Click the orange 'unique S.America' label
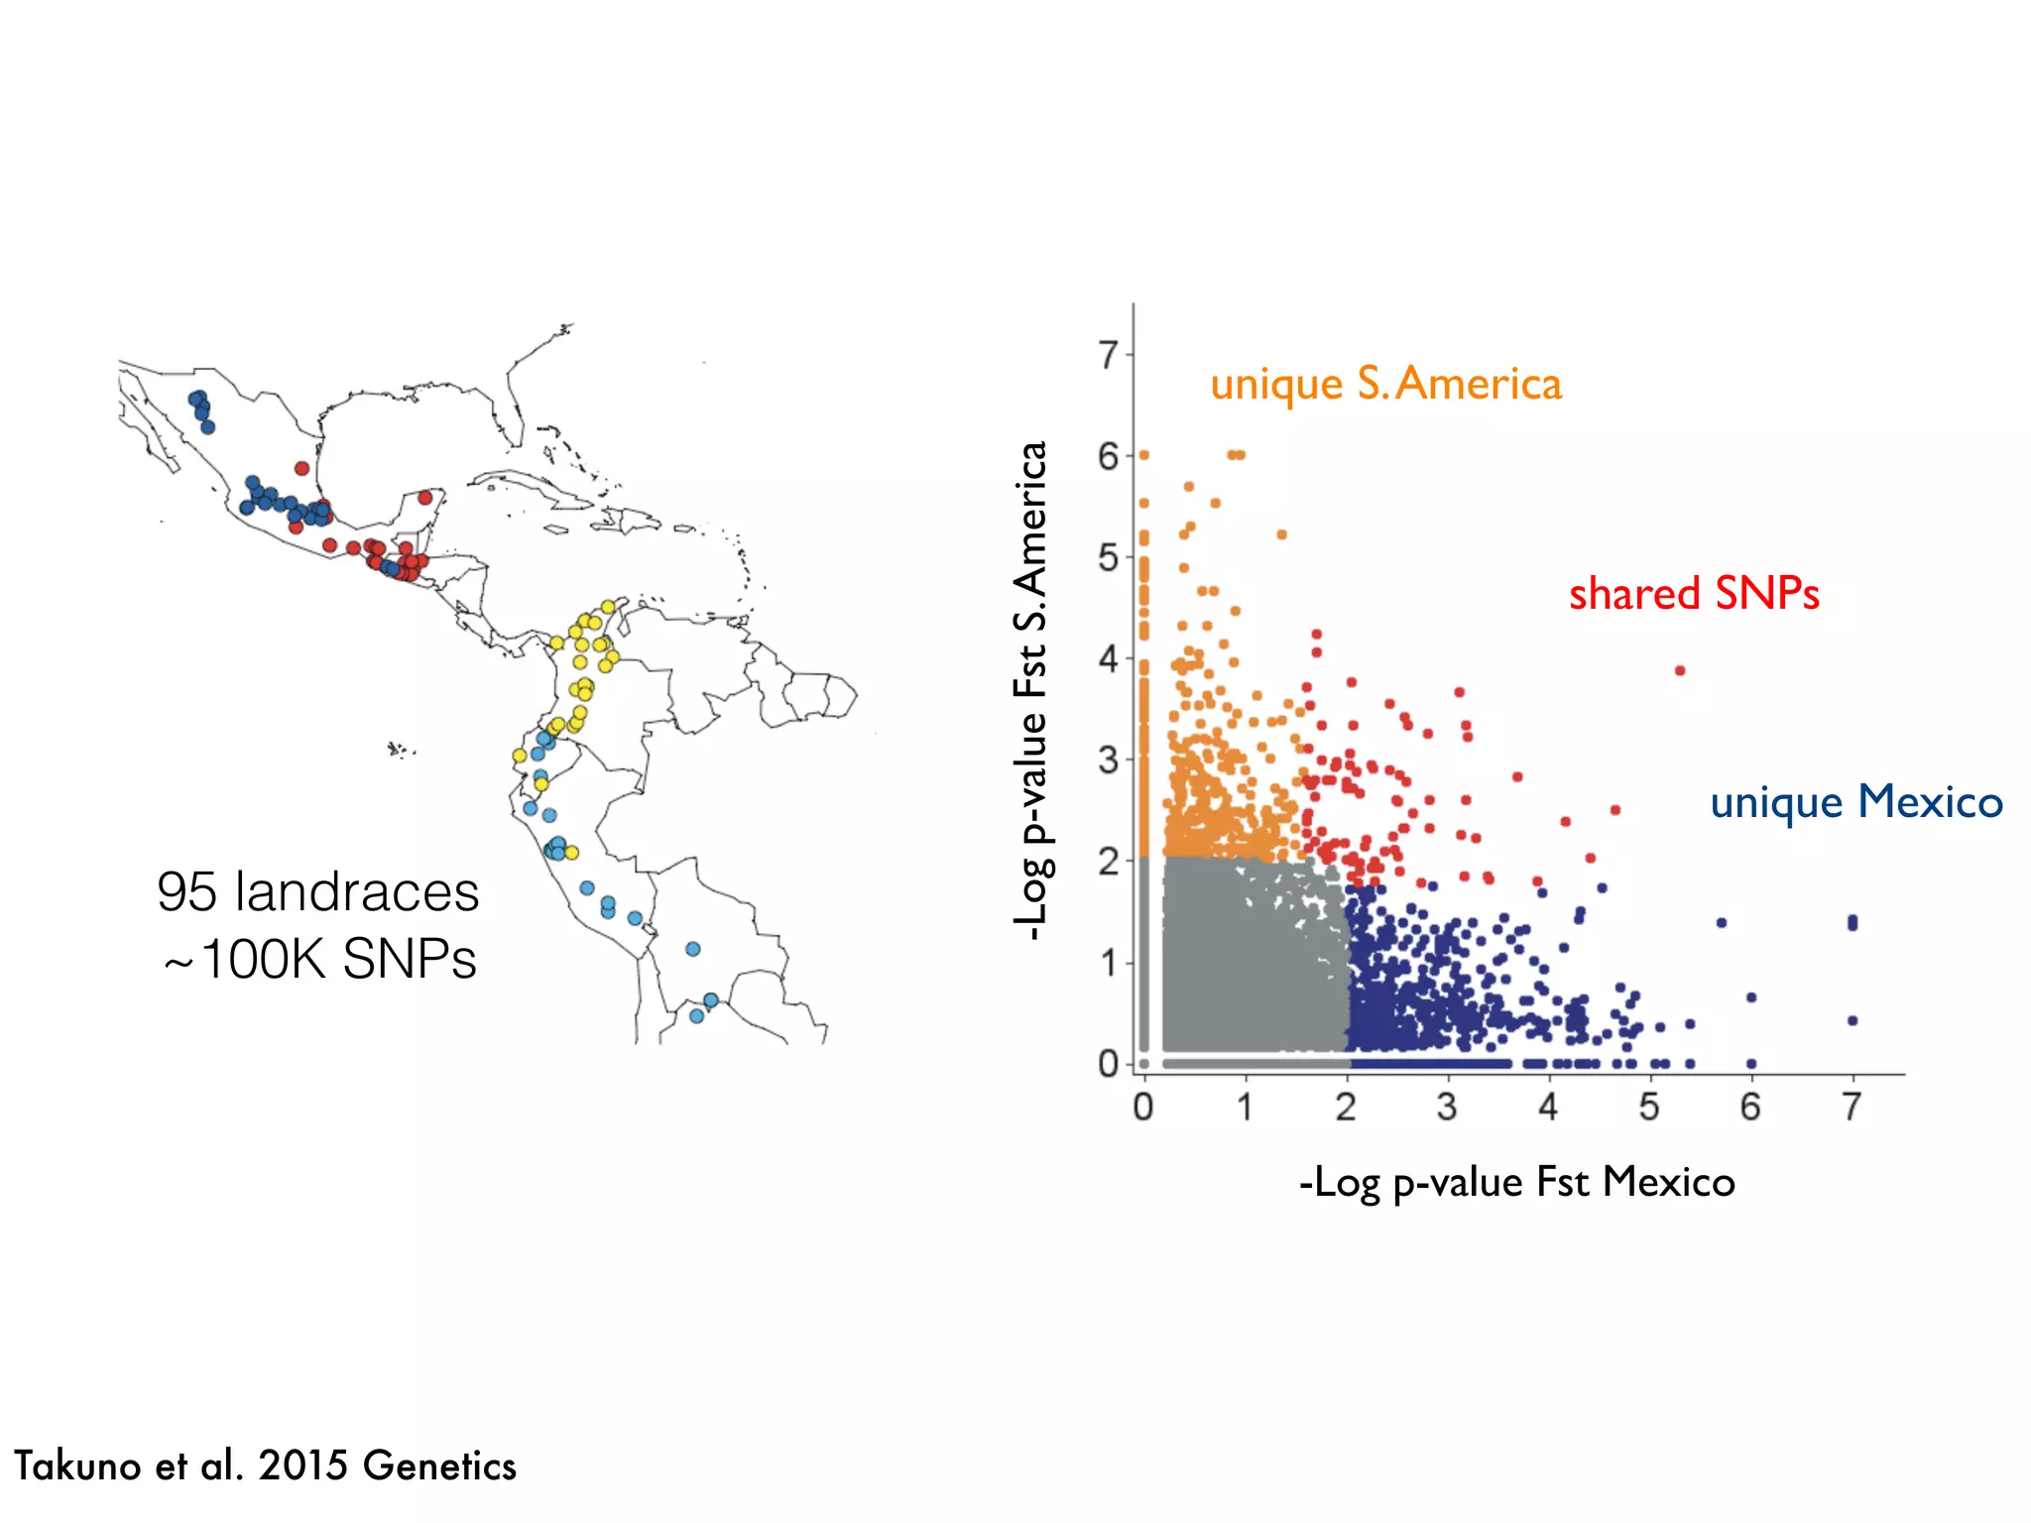coord(1385,385)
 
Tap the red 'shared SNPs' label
coord(1694,594)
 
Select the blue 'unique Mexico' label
coord(1856,802)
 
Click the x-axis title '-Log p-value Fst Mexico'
coord(1516,1183)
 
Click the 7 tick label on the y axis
coord(1108,355)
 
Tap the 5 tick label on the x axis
coord(1649,1107)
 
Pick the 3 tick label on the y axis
coord(1108,761)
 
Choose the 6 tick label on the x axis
coord(1750,1107)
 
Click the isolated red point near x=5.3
coord(1680,671)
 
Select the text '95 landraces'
coord(317,891)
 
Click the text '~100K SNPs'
coord(319,959)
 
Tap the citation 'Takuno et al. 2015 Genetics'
coord(265,1465)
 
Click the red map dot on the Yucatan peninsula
coord(425,498)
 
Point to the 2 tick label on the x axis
coord(1346,1107)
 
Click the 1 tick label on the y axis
coord(1108,963)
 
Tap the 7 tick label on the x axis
coord(1852,1107)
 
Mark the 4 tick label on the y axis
coord(1108,658)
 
